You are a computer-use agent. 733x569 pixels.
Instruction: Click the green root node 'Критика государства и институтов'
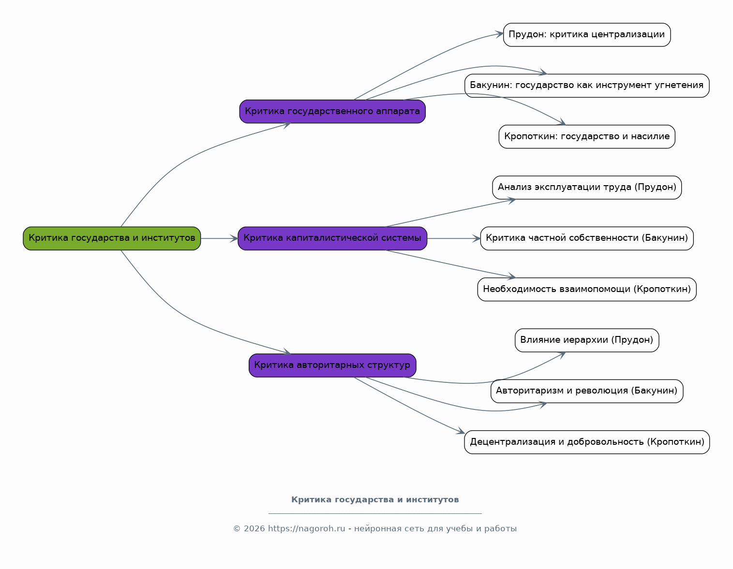pyautogui.click(x=112, y=238)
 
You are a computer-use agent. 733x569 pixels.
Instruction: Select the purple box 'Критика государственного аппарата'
pyautogui.click(x=332, y=111)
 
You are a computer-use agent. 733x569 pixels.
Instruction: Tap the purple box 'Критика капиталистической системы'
pyautogui.click(x=332, y=238)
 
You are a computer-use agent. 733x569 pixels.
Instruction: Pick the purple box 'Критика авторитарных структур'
pyautogui.click(x=332, y=365)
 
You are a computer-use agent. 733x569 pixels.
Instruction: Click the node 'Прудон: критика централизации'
pyautogui.click(x=586, y=35)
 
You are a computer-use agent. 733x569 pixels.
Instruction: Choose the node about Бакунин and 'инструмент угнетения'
pyautogui.click(x=586, y=86)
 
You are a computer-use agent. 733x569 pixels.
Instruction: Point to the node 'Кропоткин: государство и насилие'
pyautogui.click(x=586, y=136)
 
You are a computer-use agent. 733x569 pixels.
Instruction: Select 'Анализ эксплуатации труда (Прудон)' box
pyautogui.click(x=586, y=187)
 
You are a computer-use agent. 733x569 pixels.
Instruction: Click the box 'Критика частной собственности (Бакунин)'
pyautogui.click(x=586, y=238)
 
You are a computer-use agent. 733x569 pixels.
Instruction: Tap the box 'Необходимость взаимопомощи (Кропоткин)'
pyautogui.click(x=586, y=289)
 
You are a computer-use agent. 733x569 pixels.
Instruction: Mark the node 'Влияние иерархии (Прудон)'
pyautogui.click(x=586, y=340)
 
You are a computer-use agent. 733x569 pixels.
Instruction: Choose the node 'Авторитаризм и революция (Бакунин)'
pyautogui.click(x=586, y=391)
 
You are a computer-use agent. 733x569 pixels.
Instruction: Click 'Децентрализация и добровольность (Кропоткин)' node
pyautogui.click(x=586, y=442)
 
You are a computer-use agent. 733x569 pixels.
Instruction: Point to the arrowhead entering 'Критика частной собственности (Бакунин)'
pyautogui.click(x=477, y=238)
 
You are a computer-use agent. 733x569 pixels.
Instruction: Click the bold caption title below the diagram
pyautogui.click(x=375, y=499)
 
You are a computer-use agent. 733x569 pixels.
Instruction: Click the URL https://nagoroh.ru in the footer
pyautogui.click(x=306, y=528)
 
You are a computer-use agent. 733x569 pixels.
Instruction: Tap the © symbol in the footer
pyautogui.click(x=237, y=528)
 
